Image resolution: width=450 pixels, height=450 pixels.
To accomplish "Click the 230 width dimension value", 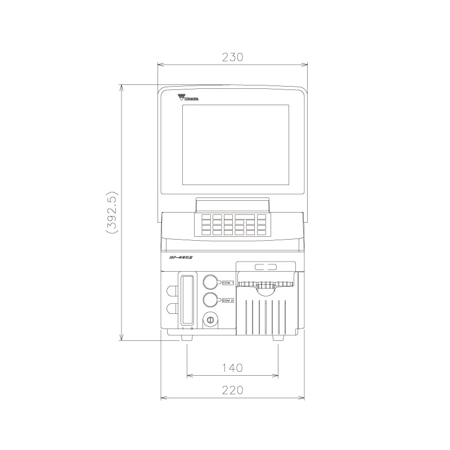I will pos(232,57).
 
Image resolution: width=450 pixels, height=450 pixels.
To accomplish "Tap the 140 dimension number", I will pos(232,368).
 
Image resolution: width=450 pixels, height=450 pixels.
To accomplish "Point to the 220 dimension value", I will pos(232,390).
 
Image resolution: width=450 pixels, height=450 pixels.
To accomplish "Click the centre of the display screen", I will pos(235,145).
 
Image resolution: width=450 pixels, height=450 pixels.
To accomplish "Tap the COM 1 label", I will pos(228,282).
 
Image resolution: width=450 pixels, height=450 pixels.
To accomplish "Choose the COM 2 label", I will pos(228,300).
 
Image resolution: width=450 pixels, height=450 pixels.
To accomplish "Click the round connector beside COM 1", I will pos(210,282).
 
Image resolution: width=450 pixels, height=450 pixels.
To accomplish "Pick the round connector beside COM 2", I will pos(210,300).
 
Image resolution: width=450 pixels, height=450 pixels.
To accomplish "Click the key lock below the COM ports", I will pos(210,319).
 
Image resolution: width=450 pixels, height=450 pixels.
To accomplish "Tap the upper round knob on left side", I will pos(171,290).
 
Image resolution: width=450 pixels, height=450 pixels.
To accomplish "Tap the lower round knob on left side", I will pos(171,308).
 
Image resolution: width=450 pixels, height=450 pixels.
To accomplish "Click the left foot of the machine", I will pos(186,339).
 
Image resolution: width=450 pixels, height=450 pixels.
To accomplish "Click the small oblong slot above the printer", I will pos(265,268).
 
